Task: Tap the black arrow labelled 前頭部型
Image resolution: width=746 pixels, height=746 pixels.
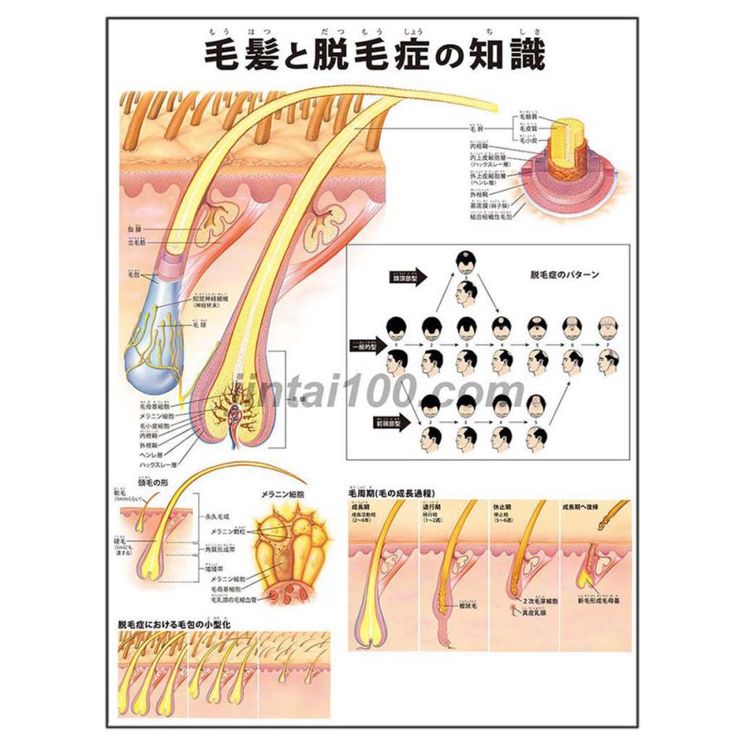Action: click(395, 420)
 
